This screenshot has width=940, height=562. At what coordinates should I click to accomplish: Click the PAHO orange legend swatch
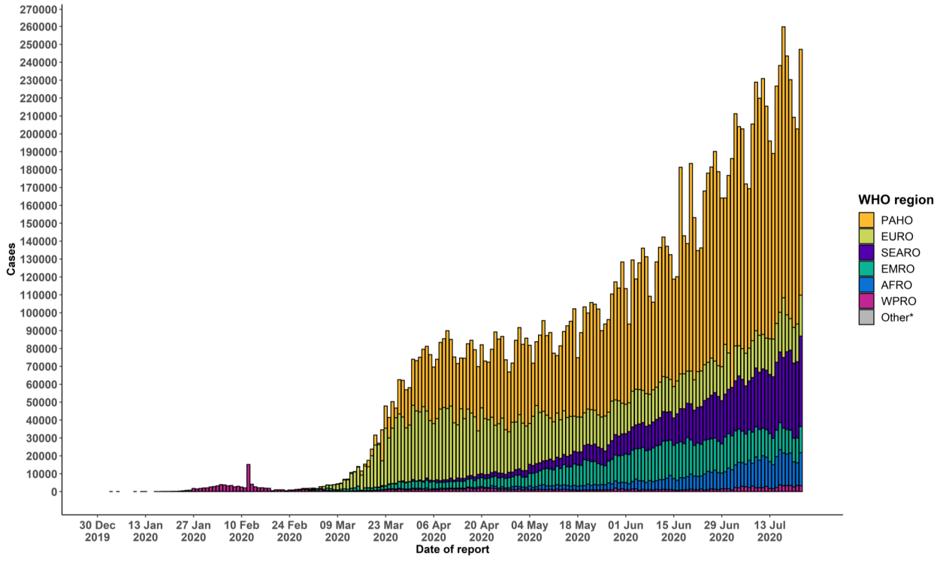point(867,220)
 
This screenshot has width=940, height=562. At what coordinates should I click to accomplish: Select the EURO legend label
point(898,237)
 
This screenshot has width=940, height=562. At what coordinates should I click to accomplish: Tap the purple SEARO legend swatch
point(867,252)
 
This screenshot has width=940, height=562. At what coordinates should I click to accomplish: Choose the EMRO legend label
point(899,269)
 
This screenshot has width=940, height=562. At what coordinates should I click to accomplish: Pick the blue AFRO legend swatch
point(867,285)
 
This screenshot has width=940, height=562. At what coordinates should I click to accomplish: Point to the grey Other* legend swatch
point(867,317)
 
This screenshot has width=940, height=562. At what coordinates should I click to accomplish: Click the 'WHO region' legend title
point(896,200)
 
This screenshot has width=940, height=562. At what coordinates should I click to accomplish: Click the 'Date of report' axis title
point(452,550)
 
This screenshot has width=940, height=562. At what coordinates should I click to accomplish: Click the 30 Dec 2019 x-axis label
point(97,531)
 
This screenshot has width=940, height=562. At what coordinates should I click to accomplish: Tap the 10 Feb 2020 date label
point(241,531)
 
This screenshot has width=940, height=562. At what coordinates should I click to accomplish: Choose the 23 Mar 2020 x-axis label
point(385,531)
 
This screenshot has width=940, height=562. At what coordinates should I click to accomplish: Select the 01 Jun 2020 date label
point(626,531)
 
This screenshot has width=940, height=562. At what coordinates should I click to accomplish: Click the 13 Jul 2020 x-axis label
point(770,531)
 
